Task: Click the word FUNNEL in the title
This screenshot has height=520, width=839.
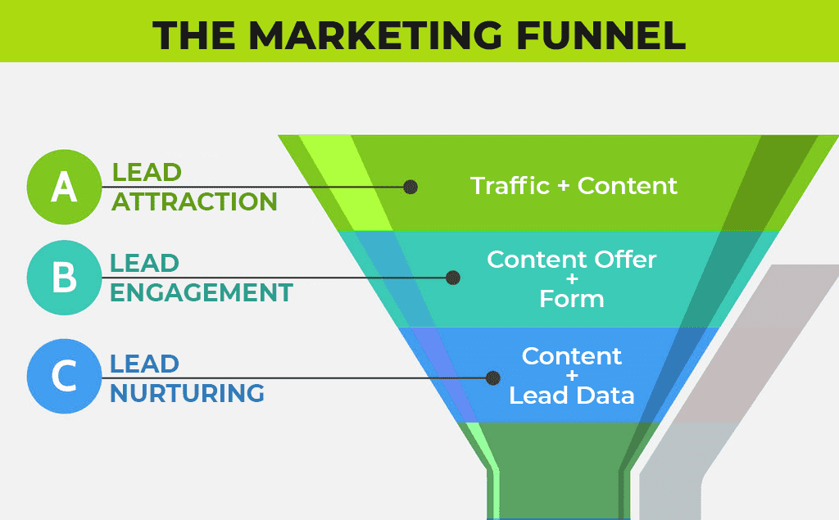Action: tap(601, 36)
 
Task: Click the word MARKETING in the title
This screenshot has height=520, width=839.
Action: tap(375, 36)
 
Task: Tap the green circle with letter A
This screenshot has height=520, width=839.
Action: tap(64, 187)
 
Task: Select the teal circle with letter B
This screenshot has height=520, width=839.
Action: tap(64, 278)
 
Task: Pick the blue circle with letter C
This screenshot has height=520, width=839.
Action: tap(64, 376)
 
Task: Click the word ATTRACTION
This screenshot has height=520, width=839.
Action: tap(195, 201)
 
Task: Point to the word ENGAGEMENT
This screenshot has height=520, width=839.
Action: tap(202, 292)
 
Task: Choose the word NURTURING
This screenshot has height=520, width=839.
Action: tap(188, 393)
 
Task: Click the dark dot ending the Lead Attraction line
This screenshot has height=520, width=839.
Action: tap(410, 187)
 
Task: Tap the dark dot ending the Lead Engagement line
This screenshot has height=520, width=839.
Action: tap(453, 278)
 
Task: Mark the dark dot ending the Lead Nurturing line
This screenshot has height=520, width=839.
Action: tap(492, 378)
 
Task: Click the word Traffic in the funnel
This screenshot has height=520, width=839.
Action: tap(510, 186)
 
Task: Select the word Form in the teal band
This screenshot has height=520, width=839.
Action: tap(571, 299)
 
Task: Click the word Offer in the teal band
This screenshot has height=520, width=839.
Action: tap(625, 260)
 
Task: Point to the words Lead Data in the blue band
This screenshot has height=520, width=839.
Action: tap(571, 396)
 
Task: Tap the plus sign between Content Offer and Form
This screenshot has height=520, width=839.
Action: tap(572, 278)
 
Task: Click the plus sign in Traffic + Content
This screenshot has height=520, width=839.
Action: tap(563, 186)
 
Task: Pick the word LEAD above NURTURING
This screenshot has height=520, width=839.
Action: tap(144, 364)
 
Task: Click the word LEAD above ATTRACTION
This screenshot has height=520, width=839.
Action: tap(147, 172)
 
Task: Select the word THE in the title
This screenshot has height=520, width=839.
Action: tap(193, 36)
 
